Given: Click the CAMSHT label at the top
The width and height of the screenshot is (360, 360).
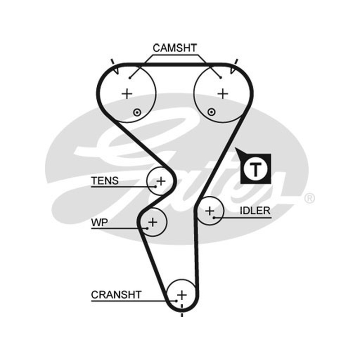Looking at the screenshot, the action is click(x=175, y=48).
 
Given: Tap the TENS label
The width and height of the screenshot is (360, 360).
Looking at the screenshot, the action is click(x=105, y=181).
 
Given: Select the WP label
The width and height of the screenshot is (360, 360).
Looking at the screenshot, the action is click(x=99, y=222).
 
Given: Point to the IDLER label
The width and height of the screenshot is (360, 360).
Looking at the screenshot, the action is click(x=255, y=211).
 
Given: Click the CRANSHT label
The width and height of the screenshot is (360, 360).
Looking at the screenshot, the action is click(x=116, y=295).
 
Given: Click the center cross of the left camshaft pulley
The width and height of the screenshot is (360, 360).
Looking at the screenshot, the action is click(x=127, y=94).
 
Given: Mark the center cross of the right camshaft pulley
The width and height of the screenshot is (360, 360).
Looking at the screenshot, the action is click(x=222, y=94).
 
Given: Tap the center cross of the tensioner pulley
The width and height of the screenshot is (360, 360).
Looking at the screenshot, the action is click(x=161, y=181).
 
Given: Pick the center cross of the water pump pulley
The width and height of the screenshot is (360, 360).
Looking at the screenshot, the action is click(x=153, y=222).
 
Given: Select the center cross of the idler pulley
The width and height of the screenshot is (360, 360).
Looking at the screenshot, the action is click(x=210, y=211).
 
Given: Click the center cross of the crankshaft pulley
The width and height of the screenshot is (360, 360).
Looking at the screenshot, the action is click(x=182, y=295).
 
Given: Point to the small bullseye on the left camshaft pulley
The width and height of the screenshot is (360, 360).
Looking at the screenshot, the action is click(x=137, y=112).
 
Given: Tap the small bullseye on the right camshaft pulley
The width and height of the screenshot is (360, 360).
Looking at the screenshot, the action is click(x=211, y=112).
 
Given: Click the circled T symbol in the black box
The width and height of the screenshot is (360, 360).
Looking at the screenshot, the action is click(x=256, y=169).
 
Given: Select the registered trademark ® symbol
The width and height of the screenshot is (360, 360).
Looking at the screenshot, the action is click(x=309, y=198).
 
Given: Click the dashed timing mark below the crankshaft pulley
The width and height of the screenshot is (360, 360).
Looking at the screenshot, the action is click(x=182, y=310).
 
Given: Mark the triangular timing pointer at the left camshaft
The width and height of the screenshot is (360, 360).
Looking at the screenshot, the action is click(x=116, y=70).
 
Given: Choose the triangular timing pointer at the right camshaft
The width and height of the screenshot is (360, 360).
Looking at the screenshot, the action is click(x=233, y=70).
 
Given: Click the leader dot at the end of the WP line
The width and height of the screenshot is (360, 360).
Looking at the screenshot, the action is click(x=147, y=228).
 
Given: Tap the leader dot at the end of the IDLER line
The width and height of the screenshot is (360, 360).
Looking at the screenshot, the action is click(x=214, y=217).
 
